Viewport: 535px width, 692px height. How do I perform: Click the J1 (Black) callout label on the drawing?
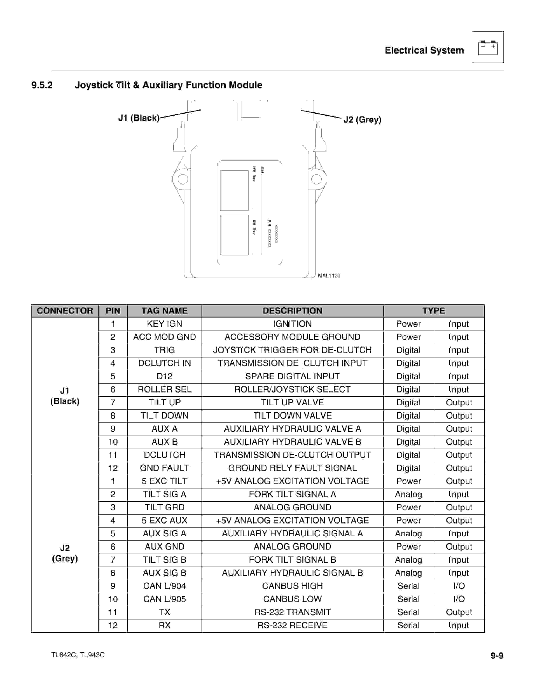[x=139, y=118]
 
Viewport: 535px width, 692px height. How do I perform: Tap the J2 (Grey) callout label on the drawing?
[x=362, y=119]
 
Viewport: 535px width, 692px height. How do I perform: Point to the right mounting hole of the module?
[x=316, y=179]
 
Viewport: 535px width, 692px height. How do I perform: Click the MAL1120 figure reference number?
[x=329, y=276]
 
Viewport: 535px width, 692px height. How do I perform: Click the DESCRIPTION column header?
[x=292, y=311]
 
